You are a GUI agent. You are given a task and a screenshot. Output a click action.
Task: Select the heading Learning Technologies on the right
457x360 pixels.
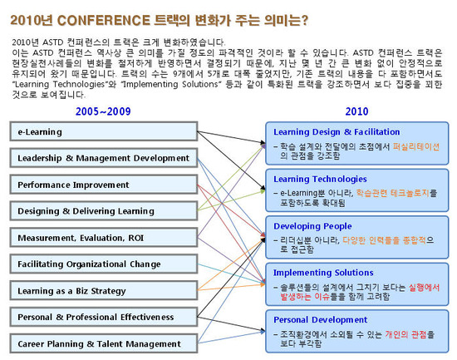320,179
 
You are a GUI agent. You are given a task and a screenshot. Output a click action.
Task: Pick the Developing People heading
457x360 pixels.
312,226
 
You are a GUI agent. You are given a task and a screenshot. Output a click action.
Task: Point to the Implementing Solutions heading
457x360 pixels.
322,272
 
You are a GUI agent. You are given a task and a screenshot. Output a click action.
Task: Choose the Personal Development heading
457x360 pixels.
321,319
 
